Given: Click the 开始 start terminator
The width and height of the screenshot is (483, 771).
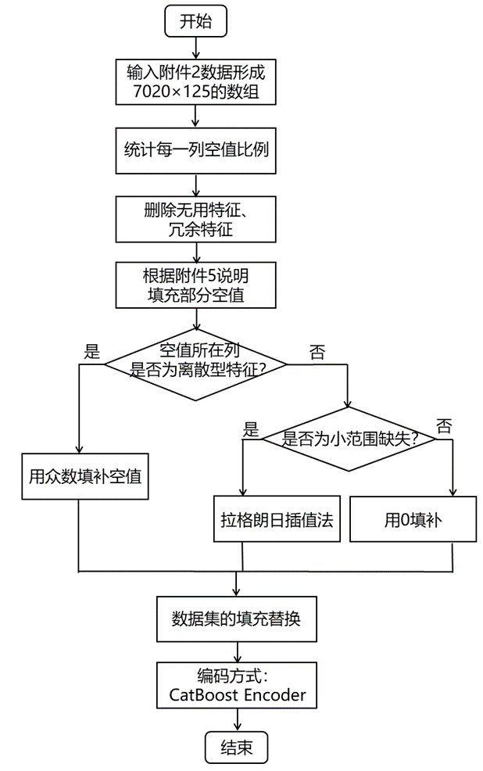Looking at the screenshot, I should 195,21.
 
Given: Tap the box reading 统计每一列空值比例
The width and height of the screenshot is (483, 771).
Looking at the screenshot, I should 195,149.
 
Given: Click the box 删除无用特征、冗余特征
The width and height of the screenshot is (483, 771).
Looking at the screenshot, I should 195,219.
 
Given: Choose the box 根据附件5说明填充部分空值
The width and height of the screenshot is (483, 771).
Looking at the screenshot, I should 195,285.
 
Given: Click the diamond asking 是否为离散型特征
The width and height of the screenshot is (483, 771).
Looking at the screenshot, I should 195,361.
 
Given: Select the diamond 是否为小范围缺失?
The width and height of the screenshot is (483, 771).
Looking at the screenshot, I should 348,439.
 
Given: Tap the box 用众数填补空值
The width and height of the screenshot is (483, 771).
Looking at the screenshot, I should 80,475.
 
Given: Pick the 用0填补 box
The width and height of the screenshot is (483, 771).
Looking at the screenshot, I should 413,518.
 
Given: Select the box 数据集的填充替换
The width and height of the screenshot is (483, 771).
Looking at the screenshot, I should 236,620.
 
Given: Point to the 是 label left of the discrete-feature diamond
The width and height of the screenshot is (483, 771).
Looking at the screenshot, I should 91,350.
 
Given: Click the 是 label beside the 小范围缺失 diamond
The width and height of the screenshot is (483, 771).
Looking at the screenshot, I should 251,428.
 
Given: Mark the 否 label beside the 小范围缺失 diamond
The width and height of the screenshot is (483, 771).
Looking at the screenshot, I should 443,426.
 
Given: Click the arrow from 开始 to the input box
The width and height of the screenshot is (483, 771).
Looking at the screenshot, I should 195,47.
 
